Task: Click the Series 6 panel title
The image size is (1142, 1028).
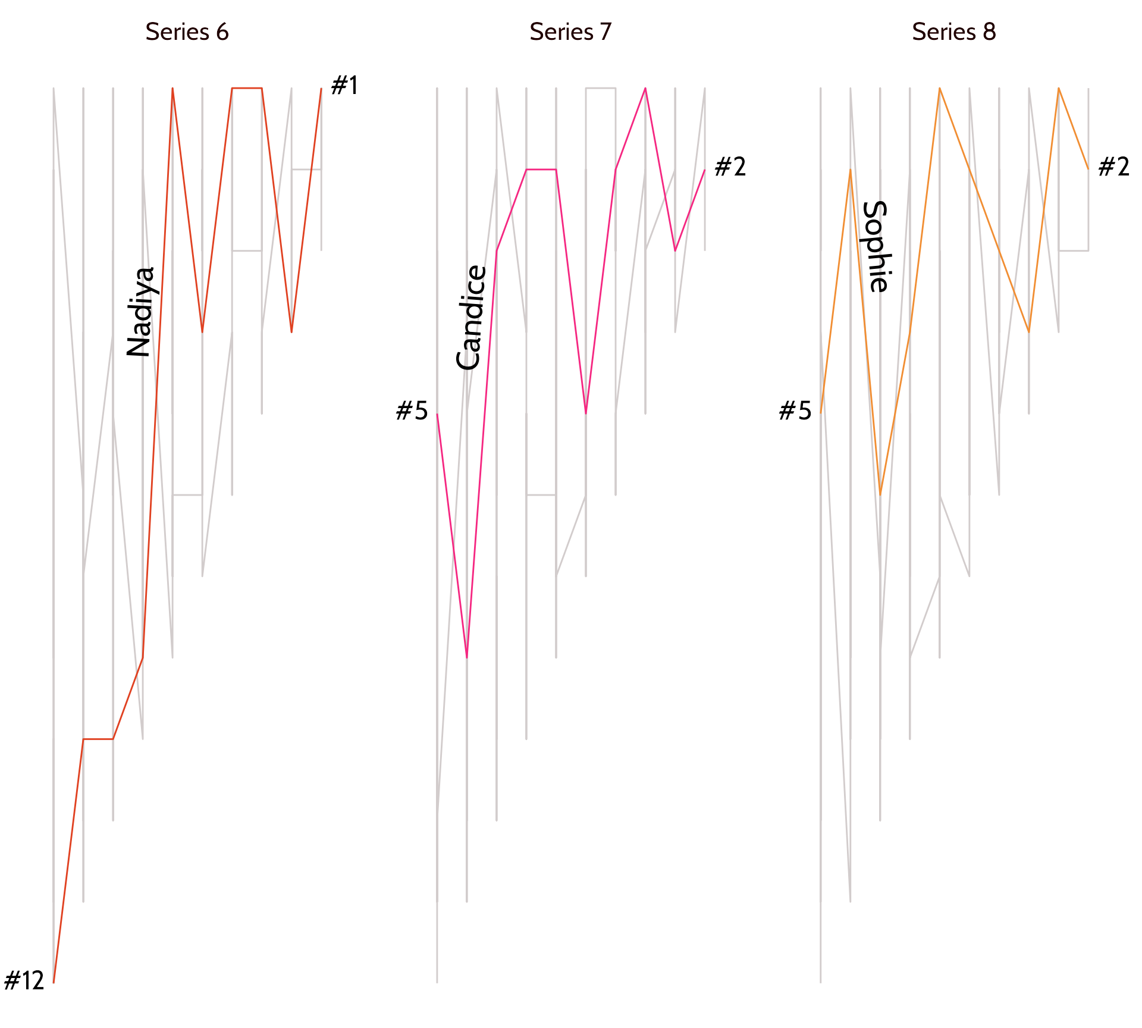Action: point(187,32)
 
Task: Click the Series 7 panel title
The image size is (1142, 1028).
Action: point(570,32)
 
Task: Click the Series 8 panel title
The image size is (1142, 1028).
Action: point(953,32)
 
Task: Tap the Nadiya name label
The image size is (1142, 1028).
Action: point(142,312)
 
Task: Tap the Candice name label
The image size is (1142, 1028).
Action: point(471,318)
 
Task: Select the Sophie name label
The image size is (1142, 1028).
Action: point(876,247)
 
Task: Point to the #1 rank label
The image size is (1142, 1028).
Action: point(344,86)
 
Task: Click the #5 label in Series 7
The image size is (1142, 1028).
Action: point(412,411)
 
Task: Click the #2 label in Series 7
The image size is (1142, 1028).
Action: point(730,167)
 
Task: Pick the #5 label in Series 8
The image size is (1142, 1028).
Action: point(795,411)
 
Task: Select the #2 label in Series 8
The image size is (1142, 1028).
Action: point(1113,167)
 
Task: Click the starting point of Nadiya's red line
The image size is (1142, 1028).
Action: point(54,982)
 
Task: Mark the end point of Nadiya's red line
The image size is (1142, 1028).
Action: point(321,89)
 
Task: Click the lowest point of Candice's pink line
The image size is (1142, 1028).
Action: point(467,657)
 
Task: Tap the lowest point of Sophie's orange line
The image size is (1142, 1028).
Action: point(880,494)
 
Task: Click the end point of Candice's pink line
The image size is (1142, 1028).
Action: point(705,170)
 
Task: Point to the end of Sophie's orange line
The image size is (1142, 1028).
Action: point(1088,170)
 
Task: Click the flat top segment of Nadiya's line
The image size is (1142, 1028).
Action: point(247,88)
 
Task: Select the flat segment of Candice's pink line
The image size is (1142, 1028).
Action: point(541,170)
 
